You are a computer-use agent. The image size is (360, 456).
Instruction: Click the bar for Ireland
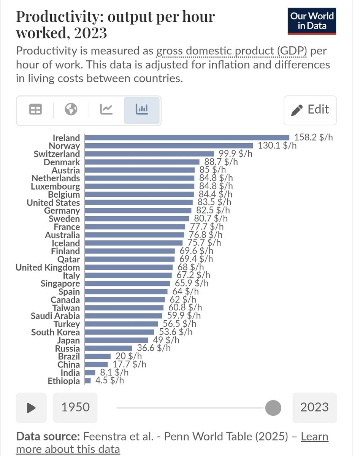[187, 138]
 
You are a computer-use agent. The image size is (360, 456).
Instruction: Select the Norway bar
[168, 146]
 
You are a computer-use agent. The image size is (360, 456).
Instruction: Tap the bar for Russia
[108, 348]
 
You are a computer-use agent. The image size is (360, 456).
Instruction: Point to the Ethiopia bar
[87, 380]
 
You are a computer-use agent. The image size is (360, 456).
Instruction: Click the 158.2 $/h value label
[314, 138]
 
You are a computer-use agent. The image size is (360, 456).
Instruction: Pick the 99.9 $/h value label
[237, 154]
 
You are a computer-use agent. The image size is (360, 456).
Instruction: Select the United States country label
[53, 203]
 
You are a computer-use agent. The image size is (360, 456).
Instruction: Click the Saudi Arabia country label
[56, 316]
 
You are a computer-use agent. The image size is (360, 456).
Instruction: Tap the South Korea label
[56, 332]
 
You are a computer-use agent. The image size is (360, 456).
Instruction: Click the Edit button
[310, 110]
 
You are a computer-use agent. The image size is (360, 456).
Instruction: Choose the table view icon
[35, 110]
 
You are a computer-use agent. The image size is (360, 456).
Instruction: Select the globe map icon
[71, 110]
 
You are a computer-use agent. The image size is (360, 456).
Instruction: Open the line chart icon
[106, 110]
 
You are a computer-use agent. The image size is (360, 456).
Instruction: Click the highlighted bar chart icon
[142, 110]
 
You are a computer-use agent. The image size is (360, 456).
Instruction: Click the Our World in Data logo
[312, 21]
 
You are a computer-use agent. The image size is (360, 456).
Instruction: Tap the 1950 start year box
[75, 408]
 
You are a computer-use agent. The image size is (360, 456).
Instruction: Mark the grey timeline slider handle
[273, 408]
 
